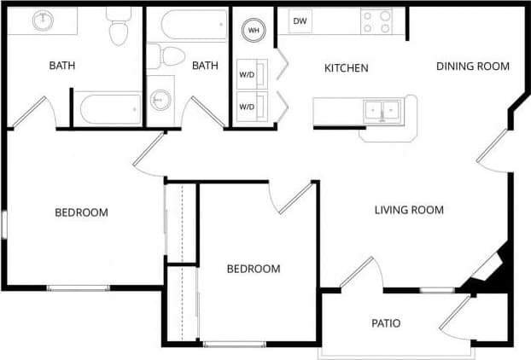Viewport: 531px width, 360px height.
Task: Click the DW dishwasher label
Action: pos(300,20)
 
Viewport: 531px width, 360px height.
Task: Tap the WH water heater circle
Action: pos(254,30)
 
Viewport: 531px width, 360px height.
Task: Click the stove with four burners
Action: pos(376,21)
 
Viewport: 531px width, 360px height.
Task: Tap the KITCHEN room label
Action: pos(346,67)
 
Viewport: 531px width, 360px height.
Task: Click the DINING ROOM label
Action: pos(472,66)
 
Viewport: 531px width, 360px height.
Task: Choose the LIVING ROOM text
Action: pos(409,210)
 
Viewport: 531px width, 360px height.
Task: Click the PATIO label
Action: pos(386,323)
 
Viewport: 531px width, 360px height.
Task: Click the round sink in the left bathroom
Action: pos(43,20)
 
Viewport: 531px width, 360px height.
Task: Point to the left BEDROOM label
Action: pos(81,212)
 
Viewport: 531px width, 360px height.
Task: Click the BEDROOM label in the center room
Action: pos(253,269)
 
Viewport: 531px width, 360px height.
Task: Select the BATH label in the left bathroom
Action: pos(62,65)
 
